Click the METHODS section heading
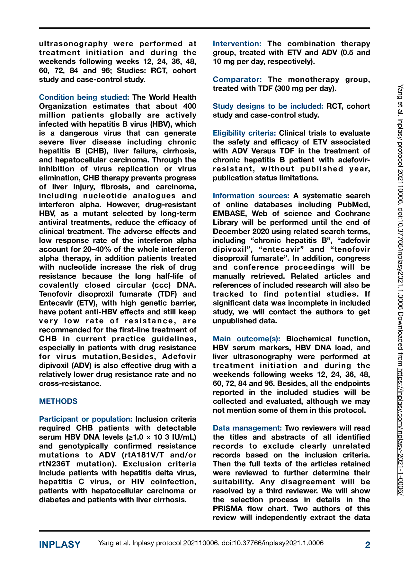coord(58,401)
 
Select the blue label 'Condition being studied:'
coord(84,97)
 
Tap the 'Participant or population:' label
coord(85,419)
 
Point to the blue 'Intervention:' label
coord(237,43)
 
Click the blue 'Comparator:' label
coord(237,79)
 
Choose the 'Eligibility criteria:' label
coord(244,133)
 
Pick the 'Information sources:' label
coord(251,196)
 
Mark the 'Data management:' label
coord(247,428)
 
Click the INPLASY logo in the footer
coord(60,545)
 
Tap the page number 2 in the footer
coord(368,545)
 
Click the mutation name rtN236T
coord(56,464)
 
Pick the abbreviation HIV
coord(138,482)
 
